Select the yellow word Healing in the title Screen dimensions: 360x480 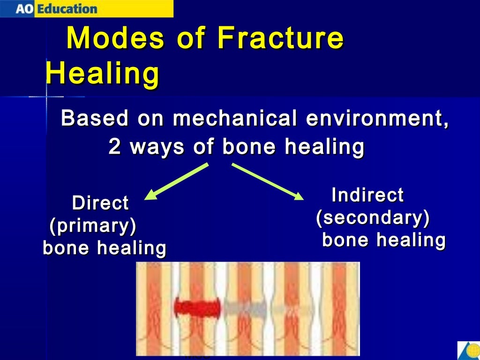[x=102, y=74]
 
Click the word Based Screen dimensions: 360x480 [x=95, y=118]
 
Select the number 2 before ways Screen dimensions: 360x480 [x=114, y=147]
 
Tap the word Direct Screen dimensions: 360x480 [x=100, y=203]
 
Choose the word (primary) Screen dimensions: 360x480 [x=93, y=226]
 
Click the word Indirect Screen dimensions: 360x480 [x=367, y=195]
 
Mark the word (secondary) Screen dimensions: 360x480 [x=373, y=218]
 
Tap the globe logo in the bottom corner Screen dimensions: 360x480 [x=468, y=351]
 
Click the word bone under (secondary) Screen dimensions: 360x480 [x=346, y=240]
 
